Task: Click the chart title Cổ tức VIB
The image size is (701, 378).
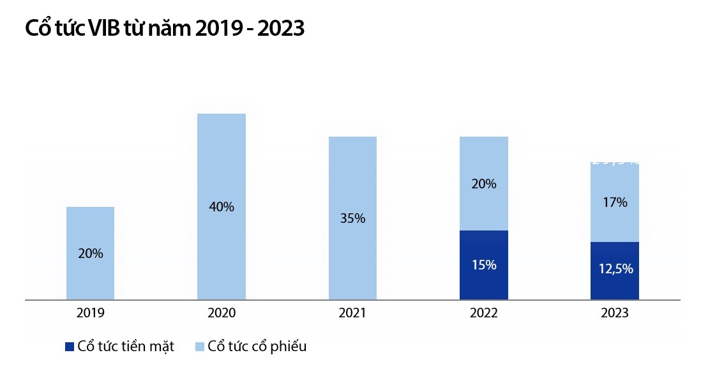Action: (164, 29)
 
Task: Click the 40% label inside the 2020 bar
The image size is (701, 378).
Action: (221, 207)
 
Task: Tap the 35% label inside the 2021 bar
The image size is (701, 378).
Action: (352, 218)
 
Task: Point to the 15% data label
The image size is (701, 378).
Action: (483, 265)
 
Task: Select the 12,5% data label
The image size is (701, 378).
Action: (614, 269)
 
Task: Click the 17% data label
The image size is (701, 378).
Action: (614, 202)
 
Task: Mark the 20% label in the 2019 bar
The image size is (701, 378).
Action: (90, 253)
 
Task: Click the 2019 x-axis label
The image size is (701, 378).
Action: (90, 313)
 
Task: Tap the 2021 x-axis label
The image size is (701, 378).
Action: (352, 313)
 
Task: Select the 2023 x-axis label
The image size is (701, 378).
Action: (614, 313)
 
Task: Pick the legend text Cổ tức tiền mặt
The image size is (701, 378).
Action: (126, 347)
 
